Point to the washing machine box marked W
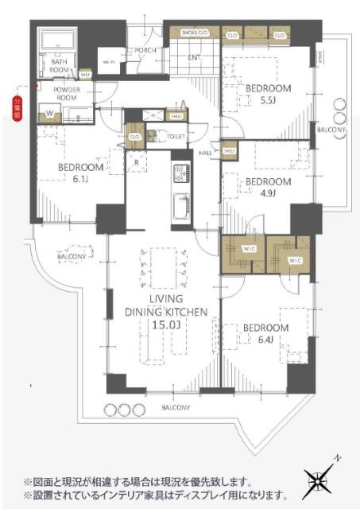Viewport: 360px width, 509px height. [49, 115]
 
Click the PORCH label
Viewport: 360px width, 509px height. [145, 50]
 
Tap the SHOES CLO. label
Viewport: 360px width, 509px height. [195, 33]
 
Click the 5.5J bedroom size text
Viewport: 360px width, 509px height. [268, 102]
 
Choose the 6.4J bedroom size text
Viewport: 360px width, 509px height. [265, 340]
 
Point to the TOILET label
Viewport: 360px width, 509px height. [176, 136]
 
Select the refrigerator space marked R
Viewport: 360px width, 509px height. [137, 163]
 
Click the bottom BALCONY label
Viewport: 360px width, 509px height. [173, 408]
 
